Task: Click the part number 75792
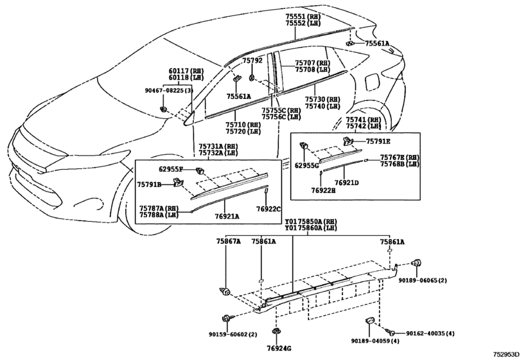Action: coord(252,60)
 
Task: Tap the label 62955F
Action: coord(171,170)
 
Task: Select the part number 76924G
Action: coord(279,348)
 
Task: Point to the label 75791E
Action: coord(378,141)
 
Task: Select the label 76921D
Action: coord(346,183)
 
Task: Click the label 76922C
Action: coord(269,209)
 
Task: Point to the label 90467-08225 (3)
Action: coord(169,91)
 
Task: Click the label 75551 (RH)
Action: coord(303,16)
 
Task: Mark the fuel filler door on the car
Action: coord(372,82)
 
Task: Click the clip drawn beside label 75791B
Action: coord(179,183)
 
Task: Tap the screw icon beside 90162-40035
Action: coord(389,332)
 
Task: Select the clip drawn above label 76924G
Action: coord(276,332)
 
